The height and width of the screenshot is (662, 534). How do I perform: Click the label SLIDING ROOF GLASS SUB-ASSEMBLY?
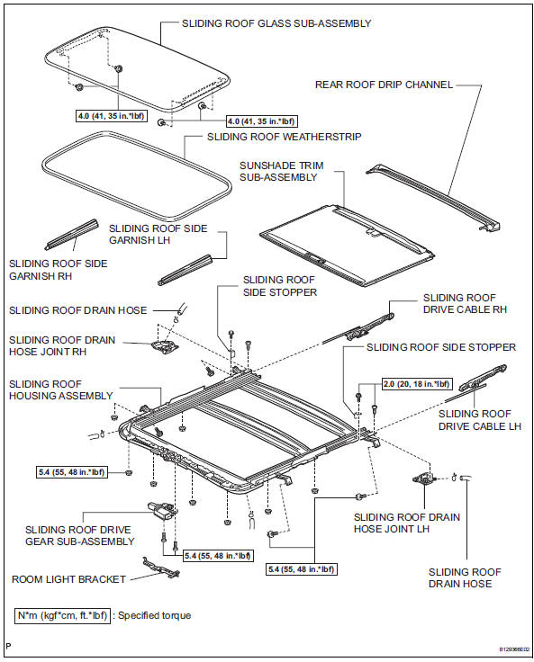[276, 23]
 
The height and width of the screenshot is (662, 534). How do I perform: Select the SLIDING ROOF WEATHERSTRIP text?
[285, 137]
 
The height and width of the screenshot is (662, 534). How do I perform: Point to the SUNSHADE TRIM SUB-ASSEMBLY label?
[278, 171]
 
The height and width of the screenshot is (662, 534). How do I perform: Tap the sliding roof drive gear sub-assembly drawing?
[162, 512]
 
